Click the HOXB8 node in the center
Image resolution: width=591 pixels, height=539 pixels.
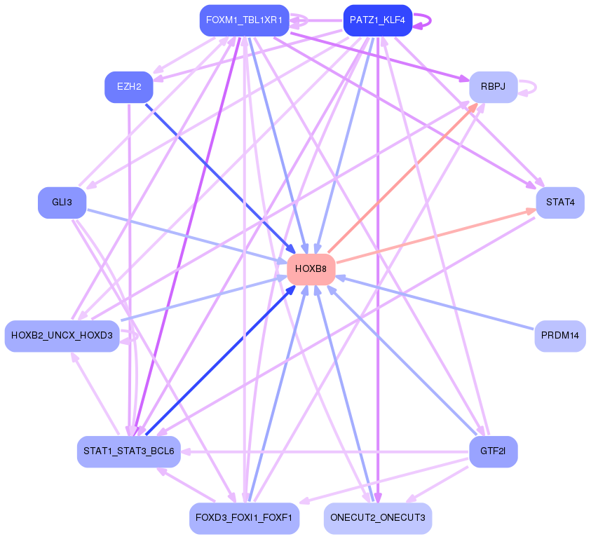(311, 269)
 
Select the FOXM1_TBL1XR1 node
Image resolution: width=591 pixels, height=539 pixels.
(244, 20)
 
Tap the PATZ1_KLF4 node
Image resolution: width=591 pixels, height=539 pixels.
(377, 20)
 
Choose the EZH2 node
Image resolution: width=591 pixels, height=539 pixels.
(129, 87)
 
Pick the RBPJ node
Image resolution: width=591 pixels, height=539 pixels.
(493, 87)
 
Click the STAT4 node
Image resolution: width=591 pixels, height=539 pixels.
(559, 203)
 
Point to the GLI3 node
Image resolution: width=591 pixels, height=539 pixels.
(62, 203)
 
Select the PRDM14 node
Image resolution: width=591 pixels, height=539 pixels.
(559, 336)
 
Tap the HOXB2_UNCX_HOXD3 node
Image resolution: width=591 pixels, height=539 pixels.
(62, 336)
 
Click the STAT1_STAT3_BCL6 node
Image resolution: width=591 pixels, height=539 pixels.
(129, 451)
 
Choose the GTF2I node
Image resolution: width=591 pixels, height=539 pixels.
(493, 451)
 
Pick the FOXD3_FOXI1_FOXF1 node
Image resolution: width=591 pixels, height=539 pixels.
(244, 519)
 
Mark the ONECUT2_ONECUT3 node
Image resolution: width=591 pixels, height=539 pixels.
(377, 519)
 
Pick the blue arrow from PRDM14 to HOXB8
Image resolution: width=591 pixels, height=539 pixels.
(435, 303)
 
